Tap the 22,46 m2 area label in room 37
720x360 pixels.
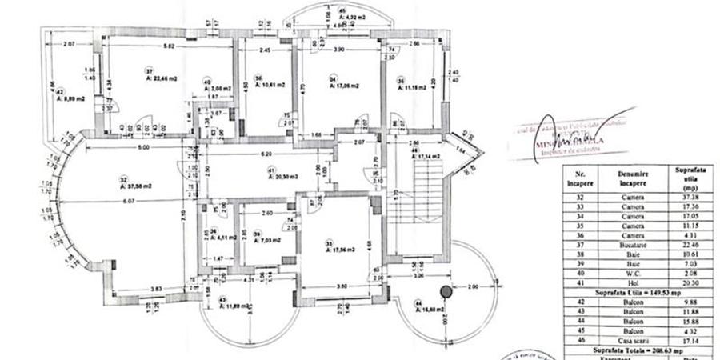coord(162,78)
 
